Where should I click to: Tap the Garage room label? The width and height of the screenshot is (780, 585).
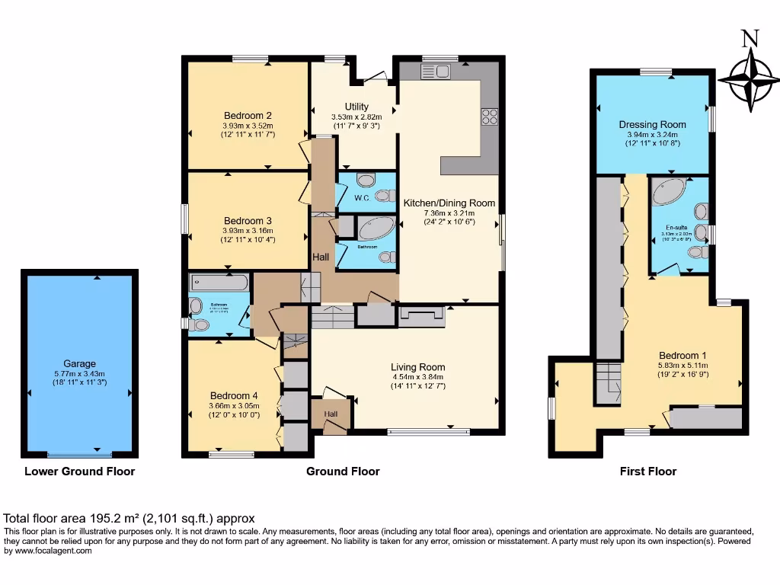80,363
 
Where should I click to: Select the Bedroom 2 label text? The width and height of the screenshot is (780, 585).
248,116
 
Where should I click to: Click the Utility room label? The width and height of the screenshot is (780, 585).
356,107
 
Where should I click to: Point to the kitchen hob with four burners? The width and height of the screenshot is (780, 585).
489,117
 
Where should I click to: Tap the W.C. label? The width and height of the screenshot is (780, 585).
362,198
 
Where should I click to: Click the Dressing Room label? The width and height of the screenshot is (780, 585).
652,124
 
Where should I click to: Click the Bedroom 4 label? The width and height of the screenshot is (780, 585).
235,395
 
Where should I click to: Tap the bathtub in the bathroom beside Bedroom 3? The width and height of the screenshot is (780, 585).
219,284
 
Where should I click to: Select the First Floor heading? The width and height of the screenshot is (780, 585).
648,472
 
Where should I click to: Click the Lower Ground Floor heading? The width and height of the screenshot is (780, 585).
80,472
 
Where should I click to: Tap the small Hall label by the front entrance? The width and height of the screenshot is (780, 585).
330,414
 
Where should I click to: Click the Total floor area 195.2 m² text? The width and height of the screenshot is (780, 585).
129,518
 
